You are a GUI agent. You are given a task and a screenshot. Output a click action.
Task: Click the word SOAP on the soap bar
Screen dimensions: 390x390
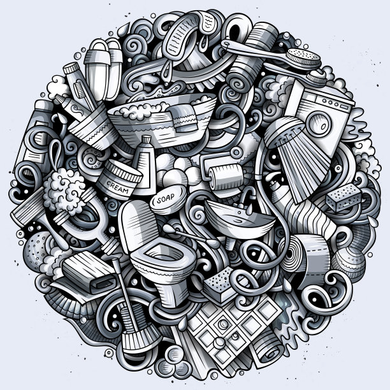click(x=166, y=198)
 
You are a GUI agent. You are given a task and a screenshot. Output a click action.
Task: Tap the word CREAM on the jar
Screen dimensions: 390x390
click(x=118, y=187)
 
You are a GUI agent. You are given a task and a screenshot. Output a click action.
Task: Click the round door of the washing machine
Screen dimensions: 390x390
click(x=319, y=124)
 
